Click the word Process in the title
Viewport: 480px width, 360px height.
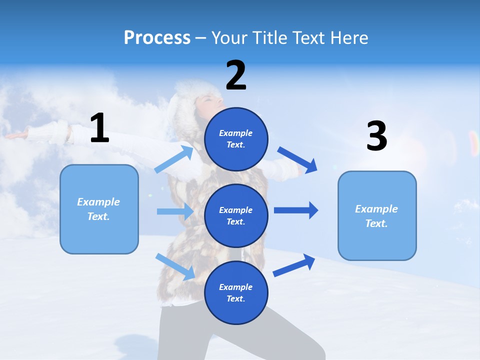157,38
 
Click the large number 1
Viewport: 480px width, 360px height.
99,128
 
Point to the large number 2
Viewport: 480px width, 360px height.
236,75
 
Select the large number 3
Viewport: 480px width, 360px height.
376,136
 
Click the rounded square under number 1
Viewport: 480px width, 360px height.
99,209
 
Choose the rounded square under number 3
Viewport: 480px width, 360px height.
377,215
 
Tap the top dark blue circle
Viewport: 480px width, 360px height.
236,139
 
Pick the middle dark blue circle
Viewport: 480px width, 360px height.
236,215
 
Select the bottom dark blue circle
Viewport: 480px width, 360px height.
236,292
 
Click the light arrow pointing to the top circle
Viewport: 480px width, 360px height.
174,159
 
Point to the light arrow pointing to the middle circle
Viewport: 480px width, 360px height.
175,211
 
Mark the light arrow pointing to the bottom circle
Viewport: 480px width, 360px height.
175,266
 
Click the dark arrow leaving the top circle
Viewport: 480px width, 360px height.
297,159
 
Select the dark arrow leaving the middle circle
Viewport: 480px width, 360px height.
296,210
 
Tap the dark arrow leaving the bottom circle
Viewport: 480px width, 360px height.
294,265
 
